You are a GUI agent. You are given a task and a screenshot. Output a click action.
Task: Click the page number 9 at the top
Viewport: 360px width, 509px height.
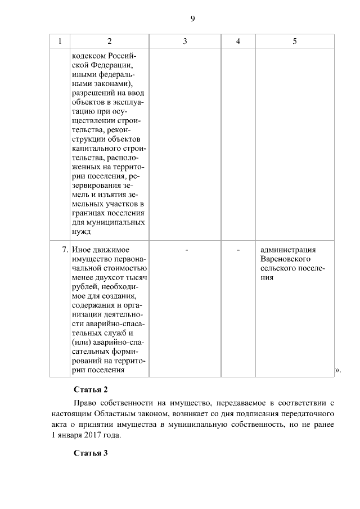[x=192, y=19]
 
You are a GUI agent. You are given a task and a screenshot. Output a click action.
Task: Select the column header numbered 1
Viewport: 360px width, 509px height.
[x=60, y=41]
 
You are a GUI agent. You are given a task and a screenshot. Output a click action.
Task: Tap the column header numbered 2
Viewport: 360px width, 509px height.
[x=109, y=41]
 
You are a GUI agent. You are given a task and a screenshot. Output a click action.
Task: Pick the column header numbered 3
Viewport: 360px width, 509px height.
[x=185, y=41]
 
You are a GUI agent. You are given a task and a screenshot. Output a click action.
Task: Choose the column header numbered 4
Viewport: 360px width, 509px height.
[x=238, y=41]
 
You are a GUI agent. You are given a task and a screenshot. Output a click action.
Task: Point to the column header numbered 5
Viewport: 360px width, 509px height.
[x=295, y=41]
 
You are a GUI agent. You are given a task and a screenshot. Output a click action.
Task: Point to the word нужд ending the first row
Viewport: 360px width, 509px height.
[x=82, y=231]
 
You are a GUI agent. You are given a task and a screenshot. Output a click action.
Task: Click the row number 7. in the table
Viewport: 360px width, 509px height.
[x=65, y=250]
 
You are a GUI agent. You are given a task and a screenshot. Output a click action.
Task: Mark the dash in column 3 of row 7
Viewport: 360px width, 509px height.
[x=186, y=250]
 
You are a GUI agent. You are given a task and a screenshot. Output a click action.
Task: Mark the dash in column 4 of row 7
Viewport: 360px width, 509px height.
[x=238, y=250]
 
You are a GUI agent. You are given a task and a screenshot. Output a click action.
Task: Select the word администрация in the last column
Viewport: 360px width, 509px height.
[x=288, y=250]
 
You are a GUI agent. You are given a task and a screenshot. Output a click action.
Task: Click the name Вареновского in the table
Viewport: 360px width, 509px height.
[x=286, y=259]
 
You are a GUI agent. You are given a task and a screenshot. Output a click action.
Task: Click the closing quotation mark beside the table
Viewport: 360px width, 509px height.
[x=337, y=370]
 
